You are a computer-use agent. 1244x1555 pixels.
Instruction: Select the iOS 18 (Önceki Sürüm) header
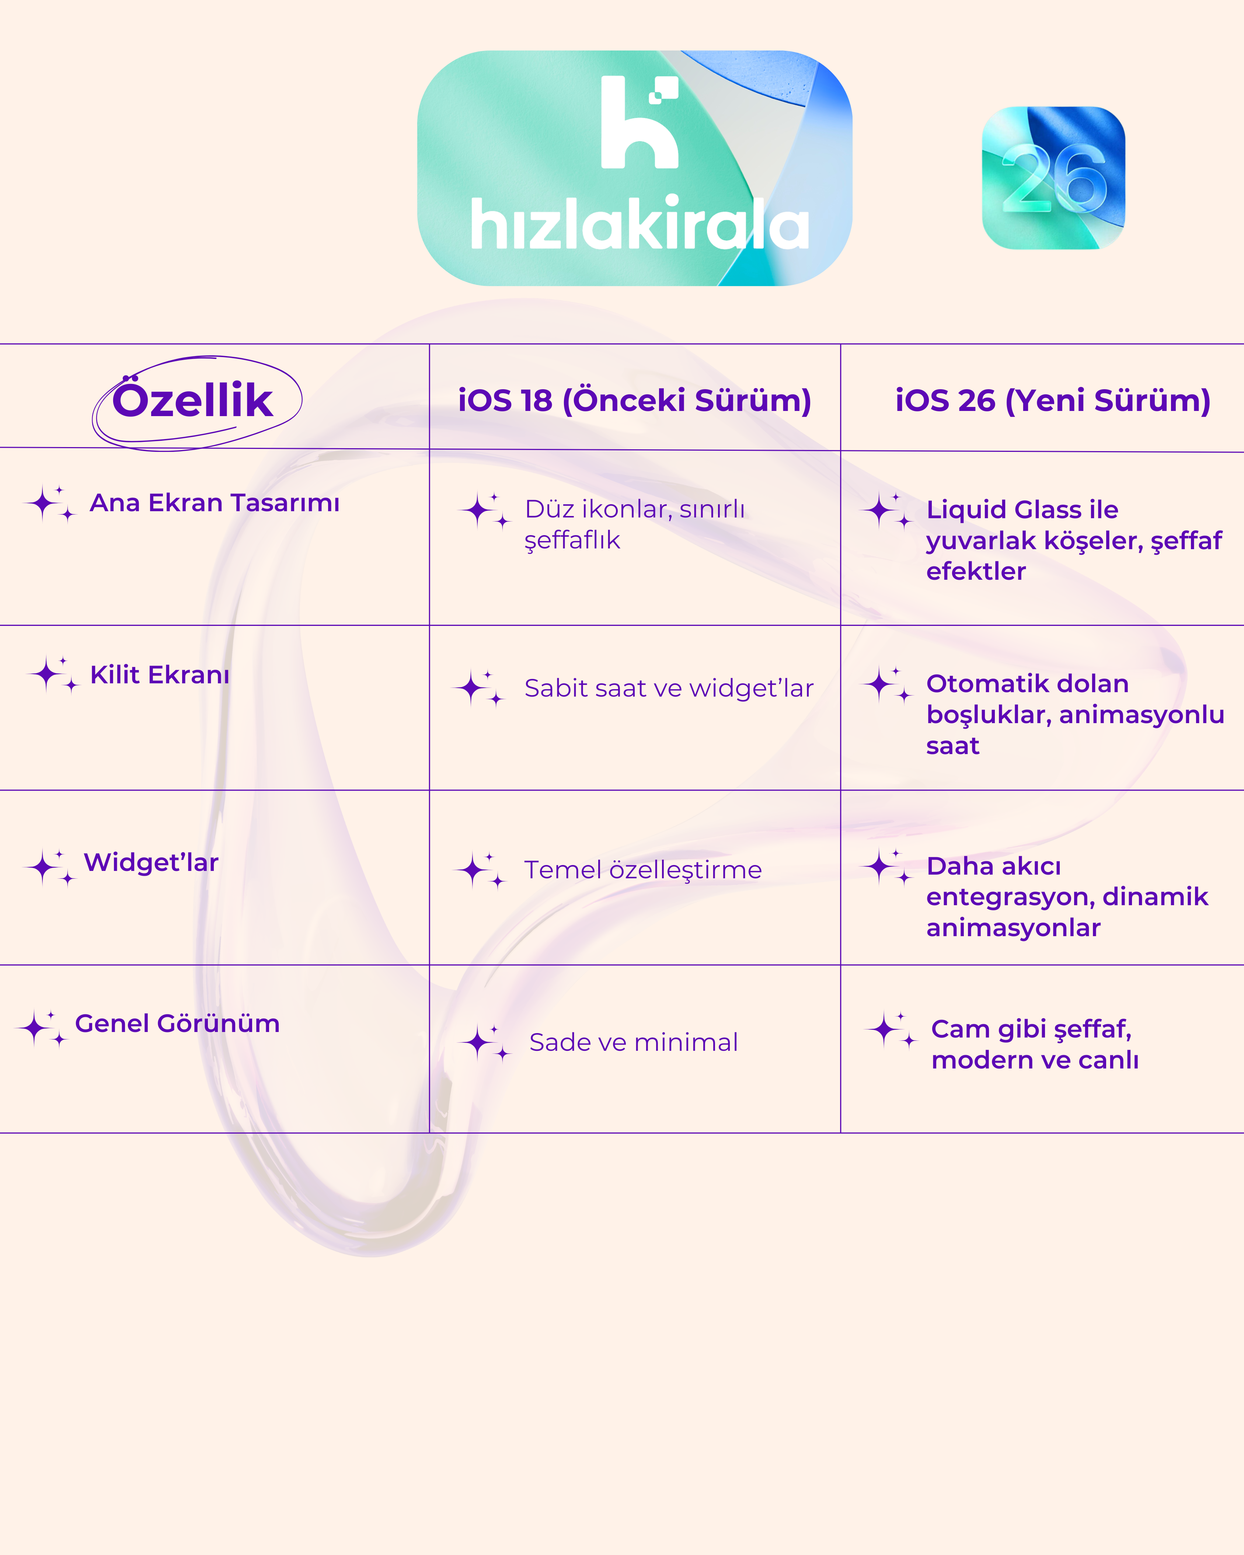pyautogui.click(x=635, y=400)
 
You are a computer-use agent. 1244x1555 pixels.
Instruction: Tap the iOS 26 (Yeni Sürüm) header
pyautogui.click(x=1052, y=400)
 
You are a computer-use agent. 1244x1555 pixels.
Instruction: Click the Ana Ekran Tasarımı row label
pyautogui.click(x=214, y=503)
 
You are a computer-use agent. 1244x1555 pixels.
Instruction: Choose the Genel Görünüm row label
pyautogui.click(x=177, y=1024)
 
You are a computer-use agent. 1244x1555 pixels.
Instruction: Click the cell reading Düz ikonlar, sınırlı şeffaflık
pyautogui.click(x=635, y=524)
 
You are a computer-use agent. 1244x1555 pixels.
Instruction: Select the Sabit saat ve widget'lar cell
pyautogui.click(x=669, y=688)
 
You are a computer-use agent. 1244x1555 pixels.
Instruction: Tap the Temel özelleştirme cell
pyautogui.click(x=642, y=870)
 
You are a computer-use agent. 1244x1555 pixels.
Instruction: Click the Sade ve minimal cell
pyautogui.click(x=633, y=1042)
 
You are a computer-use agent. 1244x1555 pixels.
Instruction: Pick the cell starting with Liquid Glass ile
pyautogui.click(x=1074, y=540)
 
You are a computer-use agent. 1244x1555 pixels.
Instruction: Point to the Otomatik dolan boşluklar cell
pyautogui.click(x=1075, y=714)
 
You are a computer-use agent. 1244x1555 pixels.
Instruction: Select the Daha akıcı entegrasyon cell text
pyautogui.click(x=1067, y=896)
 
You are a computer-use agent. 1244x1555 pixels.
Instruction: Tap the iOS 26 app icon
pyautogui.click(x=1053, y=178)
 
